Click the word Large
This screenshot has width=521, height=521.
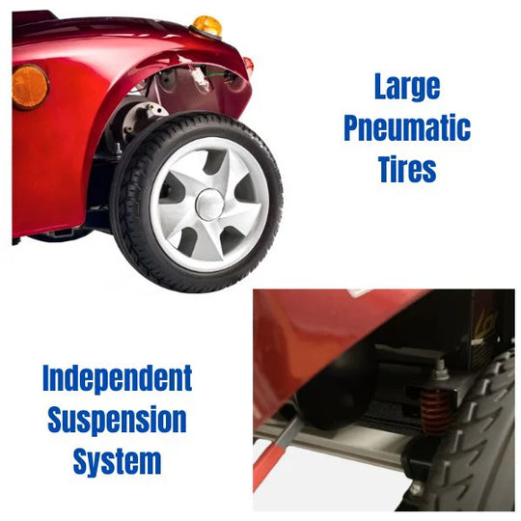point(407,87)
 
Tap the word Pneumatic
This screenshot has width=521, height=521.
point(407,128)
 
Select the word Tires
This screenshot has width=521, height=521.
point(407,169)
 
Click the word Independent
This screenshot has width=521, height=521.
point(118,379)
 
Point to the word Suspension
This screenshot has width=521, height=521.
point(118,420)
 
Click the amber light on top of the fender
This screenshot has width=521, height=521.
point(207,26)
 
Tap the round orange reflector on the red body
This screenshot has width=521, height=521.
point(30,87)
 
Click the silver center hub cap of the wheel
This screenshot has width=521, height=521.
point(209,205)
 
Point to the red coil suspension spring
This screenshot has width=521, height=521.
point(435,412)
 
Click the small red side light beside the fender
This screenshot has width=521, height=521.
point(248,65)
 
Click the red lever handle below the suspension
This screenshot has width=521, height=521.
point(269,465)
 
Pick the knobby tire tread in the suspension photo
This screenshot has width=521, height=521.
point(479,432)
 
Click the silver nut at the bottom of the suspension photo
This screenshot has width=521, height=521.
point(416,488)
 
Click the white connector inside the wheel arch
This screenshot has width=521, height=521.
point(202,80)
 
